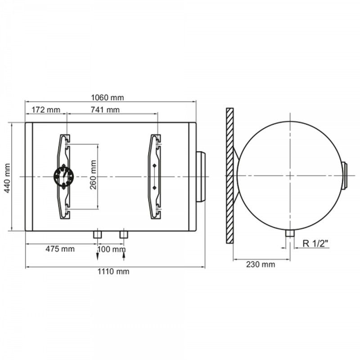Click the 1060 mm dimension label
pos(108,98)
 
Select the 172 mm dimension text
pos(46,110)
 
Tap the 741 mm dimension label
pos(105,110)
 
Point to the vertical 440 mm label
pos(7,178)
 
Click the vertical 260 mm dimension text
pos(93,175)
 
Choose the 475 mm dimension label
pos(60,249)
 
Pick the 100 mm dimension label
pos(112,249)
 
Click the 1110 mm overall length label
pos(113,271)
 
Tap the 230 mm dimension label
pos(261,264)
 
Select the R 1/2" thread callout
pos(316,243)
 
